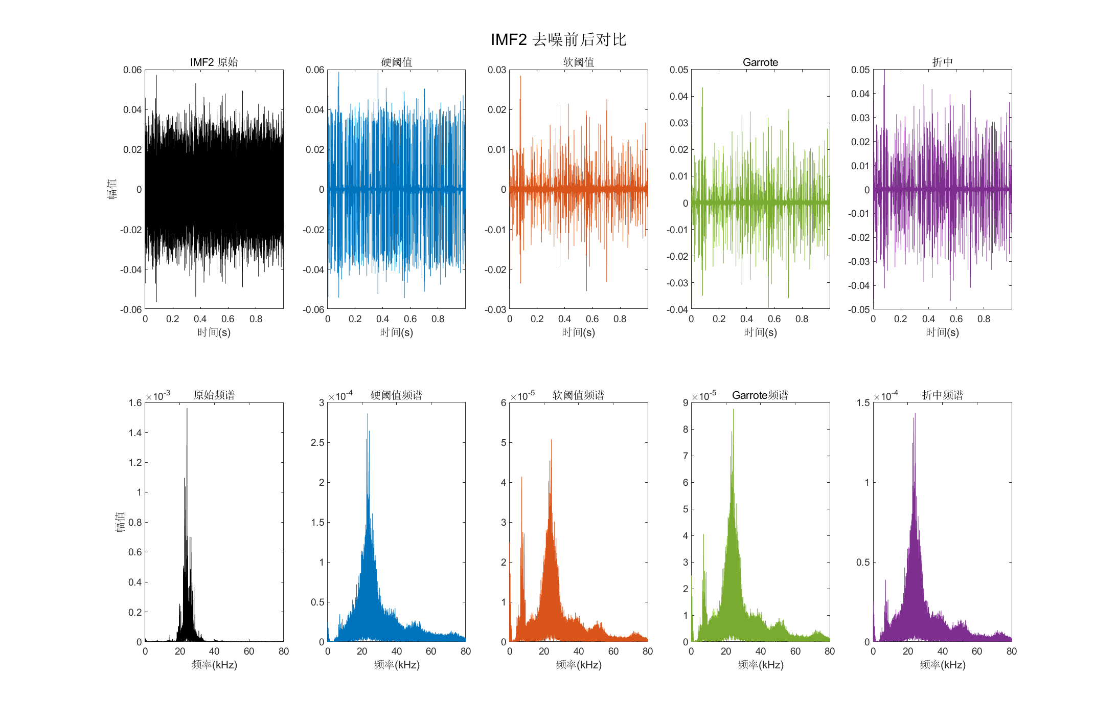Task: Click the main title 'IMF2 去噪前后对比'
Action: (558, 39)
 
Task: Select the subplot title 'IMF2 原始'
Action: (214, 62)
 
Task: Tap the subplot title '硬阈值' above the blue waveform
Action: (396, 62)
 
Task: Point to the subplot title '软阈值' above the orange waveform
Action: (578, 62)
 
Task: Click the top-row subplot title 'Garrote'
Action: (760, 62)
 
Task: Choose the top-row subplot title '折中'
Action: (942, 62)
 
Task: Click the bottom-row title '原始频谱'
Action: (214, 395)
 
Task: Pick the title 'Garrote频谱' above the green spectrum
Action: (760, 395)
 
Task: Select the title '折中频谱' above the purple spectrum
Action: (942, 395)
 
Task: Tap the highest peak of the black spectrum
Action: (187, 410)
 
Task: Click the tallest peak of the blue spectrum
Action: (368, 415)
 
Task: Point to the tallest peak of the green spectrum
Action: (733, 410)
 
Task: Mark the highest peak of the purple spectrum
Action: (915, 414)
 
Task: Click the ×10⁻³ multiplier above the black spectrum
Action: (158, 396)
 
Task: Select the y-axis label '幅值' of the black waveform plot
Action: (112, 189)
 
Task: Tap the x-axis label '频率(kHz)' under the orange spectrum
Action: (578, 664)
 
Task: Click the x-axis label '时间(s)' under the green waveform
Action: (760, 332)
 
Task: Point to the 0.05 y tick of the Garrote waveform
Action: (679, 70)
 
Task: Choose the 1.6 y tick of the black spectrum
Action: (135, 402)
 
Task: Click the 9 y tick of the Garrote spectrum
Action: (686, 402)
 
